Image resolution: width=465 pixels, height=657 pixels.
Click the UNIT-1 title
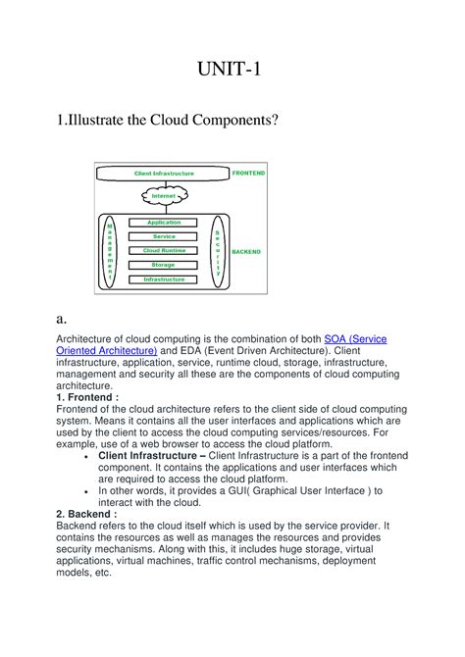point(232,71)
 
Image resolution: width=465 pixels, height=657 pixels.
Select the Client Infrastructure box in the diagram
point(163,174)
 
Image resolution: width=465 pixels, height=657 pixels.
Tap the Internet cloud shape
point(163,196)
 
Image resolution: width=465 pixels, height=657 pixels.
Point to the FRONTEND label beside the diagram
point(249,173)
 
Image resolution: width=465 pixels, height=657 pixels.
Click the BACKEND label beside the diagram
point(246,252)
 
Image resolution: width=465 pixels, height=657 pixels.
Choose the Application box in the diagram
point(164,223)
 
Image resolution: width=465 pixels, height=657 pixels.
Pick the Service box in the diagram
point(164,236)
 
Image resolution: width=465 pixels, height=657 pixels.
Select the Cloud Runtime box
point(164,250)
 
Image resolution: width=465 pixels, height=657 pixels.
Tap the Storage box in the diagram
point(164,265)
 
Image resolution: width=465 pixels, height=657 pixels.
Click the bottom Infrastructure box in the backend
point(164,279)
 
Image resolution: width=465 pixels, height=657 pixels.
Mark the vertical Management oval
point(111,251)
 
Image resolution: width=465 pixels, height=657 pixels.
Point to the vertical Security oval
point(218,251)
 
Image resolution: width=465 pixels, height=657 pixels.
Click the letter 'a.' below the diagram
point(62,319)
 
